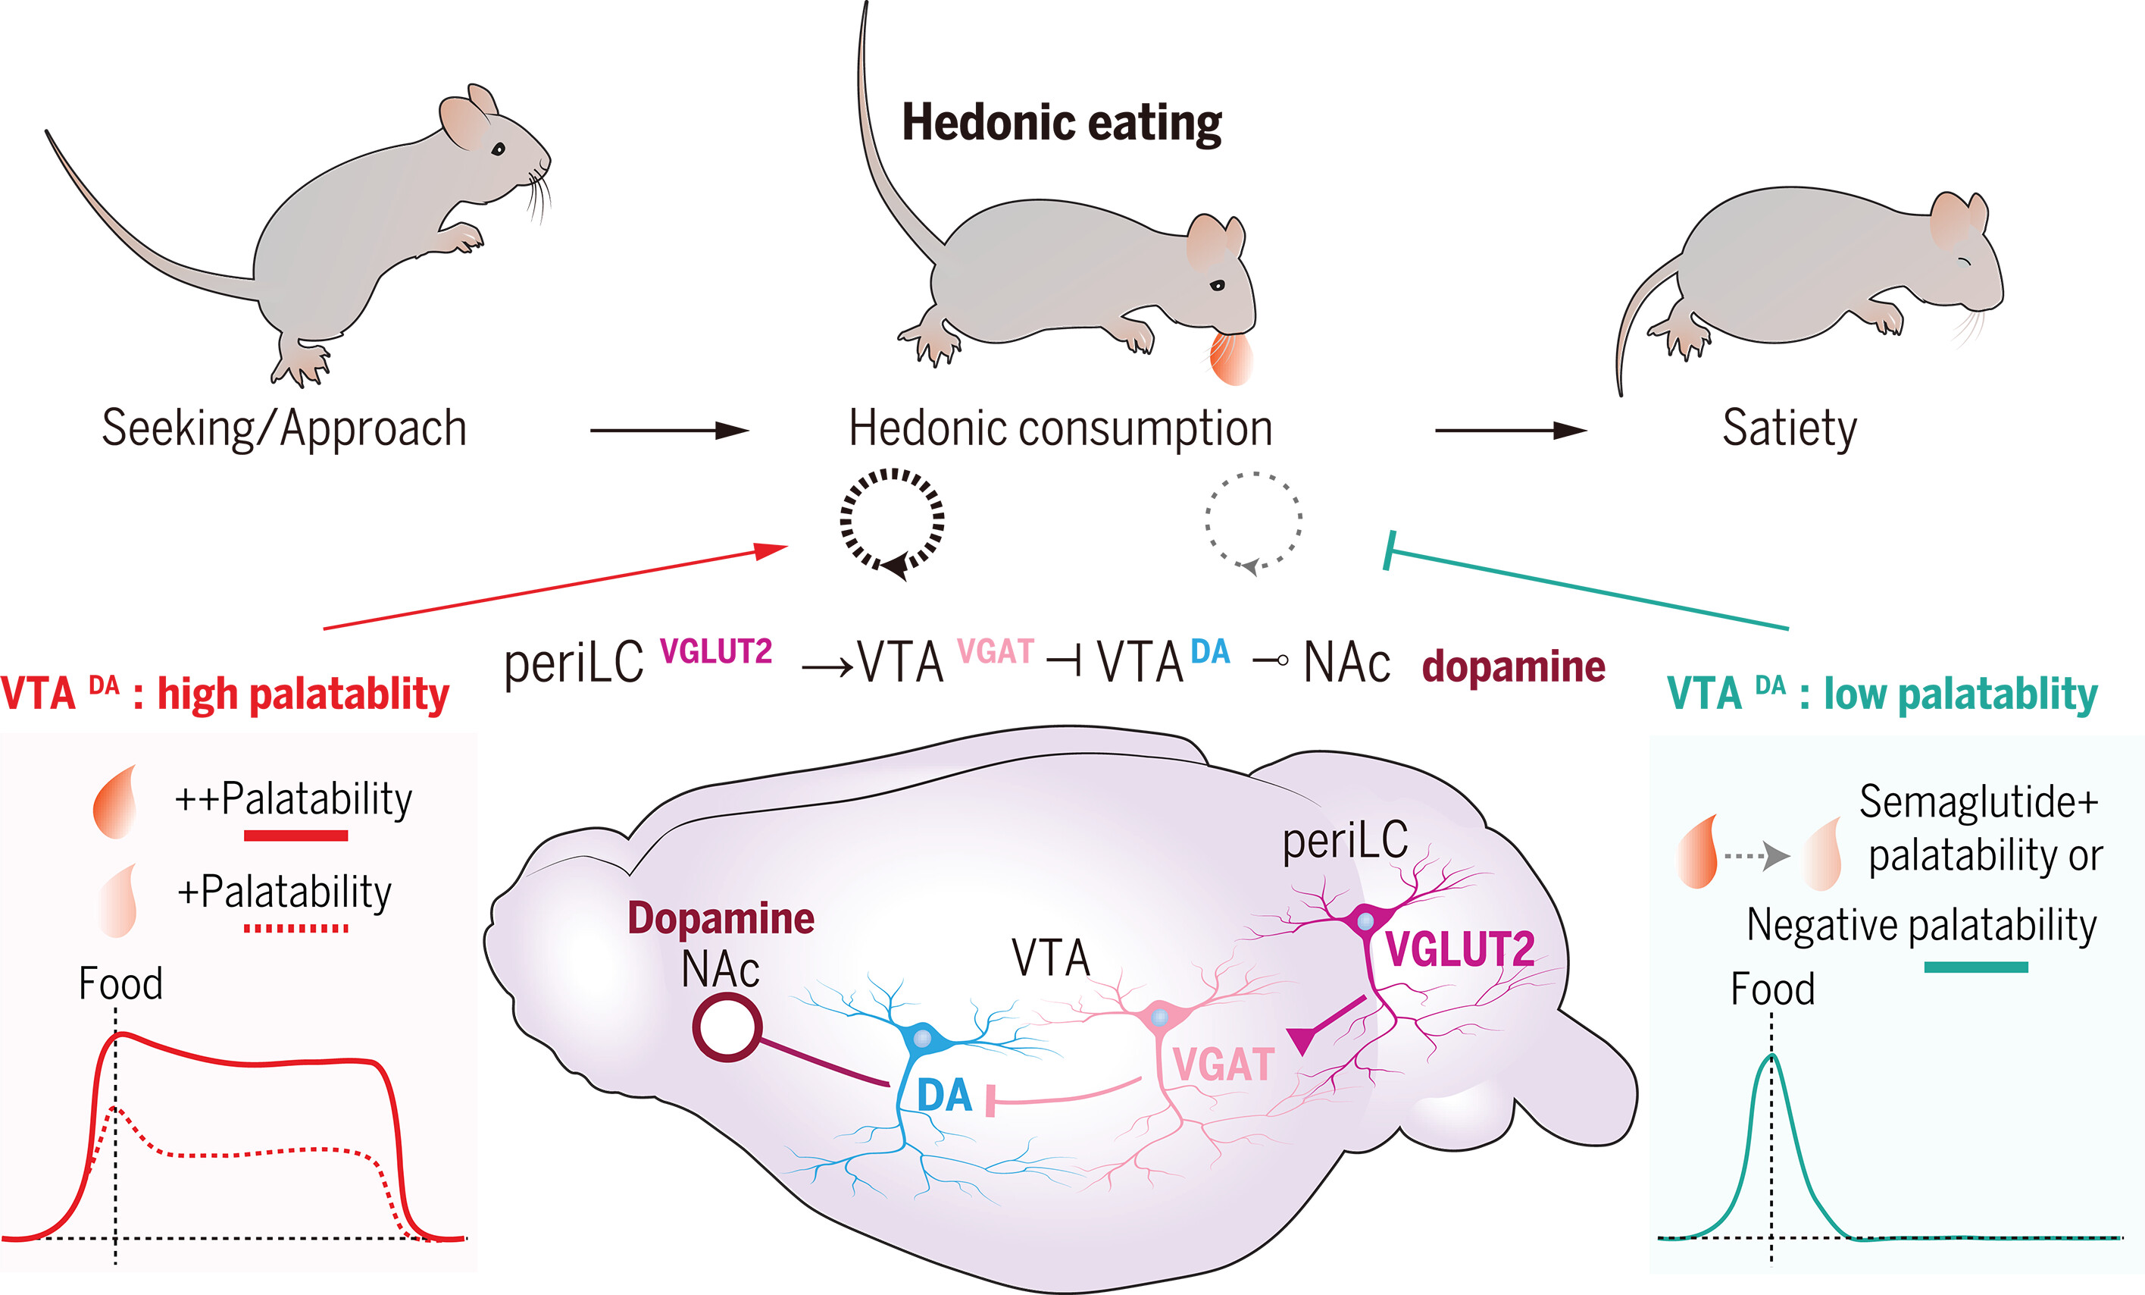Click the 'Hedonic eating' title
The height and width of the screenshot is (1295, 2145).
pos(1062,123)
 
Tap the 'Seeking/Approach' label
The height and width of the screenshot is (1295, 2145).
pos(285,428)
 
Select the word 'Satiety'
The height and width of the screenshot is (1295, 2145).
pos(1789,428)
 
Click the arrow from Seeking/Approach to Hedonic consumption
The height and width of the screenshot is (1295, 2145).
pos(668,430)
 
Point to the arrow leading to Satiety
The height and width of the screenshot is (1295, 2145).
pos(1510,430)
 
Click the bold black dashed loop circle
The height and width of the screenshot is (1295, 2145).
pos(893,521)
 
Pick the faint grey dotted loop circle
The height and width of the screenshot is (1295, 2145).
pos(1253,521)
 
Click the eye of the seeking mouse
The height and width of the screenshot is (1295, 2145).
pos(498,149)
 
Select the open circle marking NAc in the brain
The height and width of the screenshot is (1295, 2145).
pos(727,1027)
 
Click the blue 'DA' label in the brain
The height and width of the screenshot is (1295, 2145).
pos(945,1096)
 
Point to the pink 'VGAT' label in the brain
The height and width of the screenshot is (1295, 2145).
pos(1223,1065)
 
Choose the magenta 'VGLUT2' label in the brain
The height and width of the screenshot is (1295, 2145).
pos(1460,949)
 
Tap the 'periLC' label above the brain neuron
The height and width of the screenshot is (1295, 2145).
pos(1345,842)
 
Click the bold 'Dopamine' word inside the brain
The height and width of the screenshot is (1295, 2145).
pos(721,918)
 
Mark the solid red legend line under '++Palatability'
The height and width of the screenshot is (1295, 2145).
pos(296,836)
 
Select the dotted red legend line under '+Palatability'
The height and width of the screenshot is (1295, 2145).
pos(296,928)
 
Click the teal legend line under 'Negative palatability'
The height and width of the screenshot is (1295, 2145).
pos(1976,967)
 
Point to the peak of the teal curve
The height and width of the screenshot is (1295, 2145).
pos(1771,1055)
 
